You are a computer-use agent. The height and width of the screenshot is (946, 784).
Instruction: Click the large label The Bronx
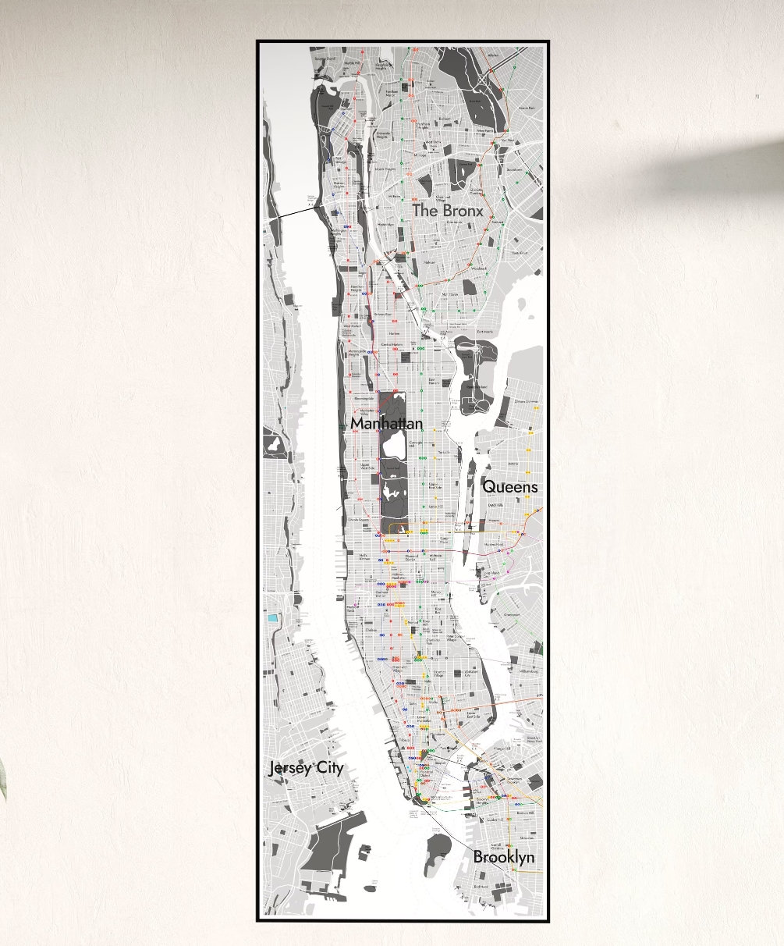point(448,211)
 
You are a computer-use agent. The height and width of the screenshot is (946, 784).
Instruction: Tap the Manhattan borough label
point(386,424)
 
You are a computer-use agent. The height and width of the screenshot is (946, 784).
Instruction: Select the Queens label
point(510,487)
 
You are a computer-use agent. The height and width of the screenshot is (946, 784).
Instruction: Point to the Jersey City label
point(306,768)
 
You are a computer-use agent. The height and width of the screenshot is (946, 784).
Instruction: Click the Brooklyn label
point(504,857)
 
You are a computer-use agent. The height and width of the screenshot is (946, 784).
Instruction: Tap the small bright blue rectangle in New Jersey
point(272,618)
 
